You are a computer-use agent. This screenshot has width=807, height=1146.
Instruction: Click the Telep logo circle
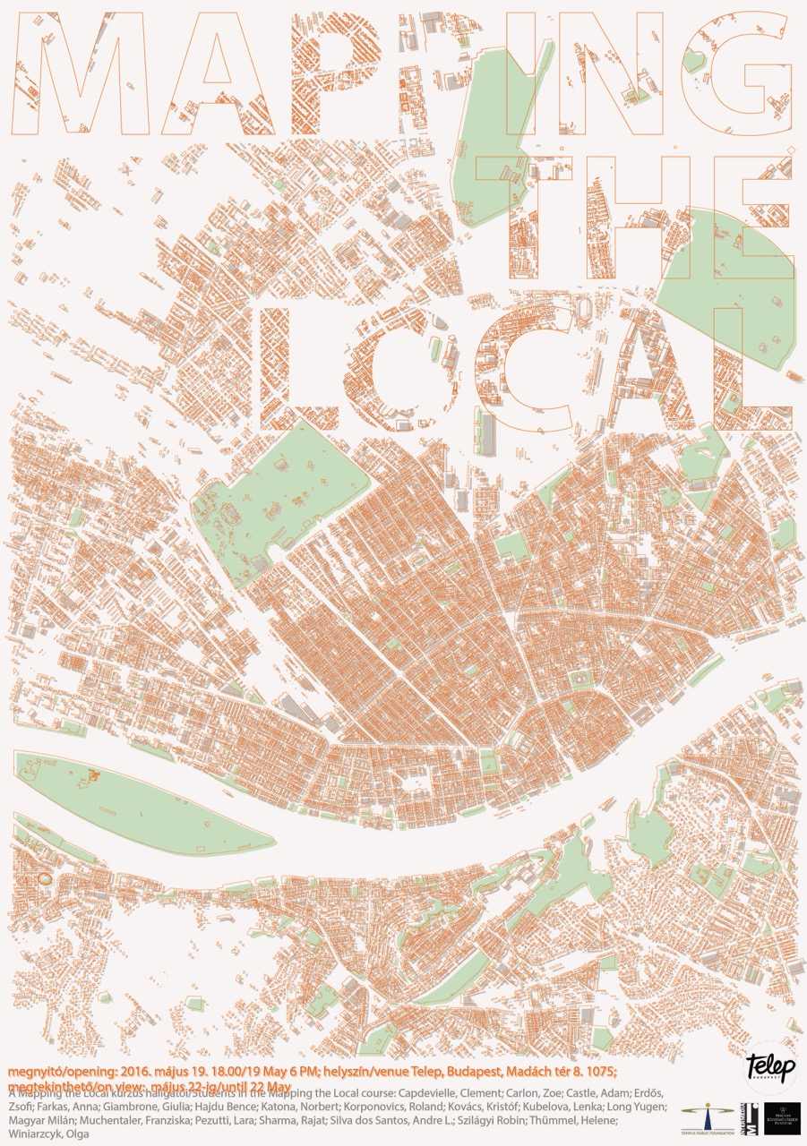pyautogui.click(x=770, y=1065)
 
